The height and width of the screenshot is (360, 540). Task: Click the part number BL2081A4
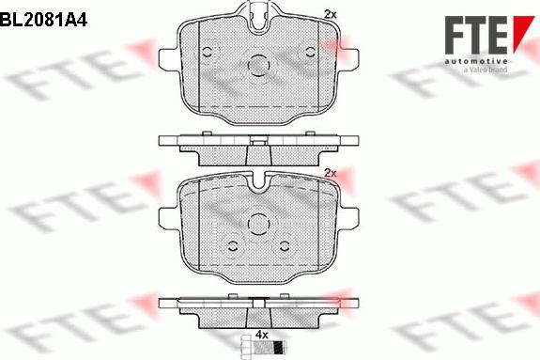pos(44,20)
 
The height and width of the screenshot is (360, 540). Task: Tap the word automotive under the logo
pos(476,62)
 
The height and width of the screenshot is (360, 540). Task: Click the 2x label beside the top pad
pos(331,14)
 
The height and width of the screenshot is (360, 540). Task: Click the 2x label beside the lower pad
pos(331,173)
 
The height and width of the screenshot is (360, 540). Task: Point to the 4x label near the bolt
pos(262,334)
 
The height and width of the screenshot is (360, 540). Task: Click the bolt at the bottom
pos(263,346)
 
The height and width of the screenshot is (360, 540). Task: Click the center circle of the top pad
pos(258,65)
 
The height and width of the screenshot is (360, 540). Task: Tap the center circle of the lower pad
pos(258,224)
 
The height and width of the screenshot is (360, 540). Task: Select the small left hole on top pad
pos(208,53)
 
